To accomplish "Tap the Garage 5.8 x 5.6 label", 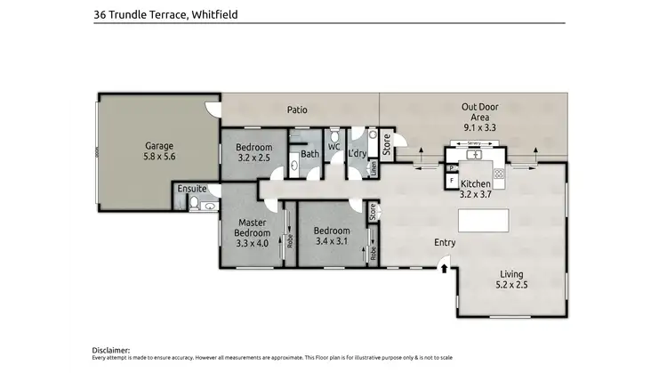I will [160, 150].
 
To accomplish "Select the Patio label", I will [297, 110].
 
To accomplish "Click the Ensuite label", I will [192, 189].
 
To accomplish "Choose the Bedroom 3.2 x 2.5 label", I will [254, 152].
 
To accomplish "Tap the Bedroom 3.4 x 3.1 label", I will [332, 235].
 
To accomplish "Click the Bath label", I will [309, 154].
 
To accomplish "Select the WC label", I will [334, 146].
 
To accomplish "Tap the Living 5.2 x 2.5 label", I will [511, 279].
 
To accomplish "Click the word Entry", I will [445, 242].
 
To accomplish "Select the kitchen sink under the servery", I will [477, 153].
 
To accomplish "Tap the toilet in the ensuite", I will [194, 204].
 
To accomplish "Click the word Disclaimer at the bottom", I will [111, 351].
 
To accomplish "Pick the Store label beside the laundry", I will [386, 142].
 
